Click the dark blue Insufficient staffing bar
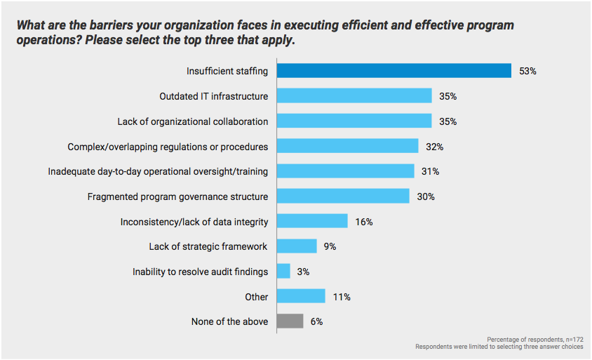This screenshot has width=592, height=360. coord(393,71)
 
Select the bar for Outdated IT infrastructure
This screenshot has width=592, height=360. coord(354,96)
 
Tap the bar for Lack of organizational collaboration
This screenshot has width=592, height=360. coord(354,121)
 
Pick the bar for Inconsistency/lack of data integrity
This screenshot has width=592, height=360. coord(312,221)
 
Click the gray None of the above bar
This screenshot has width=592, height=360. coord(290,321)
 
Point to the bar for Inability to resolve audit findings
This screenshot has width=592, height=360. coord(283,271)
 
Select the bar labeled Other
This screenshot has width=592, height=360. coord(301,296)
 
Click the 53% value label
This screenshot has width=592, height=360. coord(527,71)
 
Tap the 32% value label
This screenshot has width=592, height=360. coord(435,147)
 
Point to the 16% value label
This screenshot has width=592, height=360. coord(363,222)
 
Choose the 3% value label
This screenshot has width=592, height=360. coord(303,272)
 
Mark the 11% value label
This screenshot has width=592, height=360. coord(342,297)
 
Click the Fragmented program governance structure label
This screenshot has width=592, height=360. coord(177,196)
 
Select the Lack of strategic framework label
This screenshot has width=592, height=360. coord(208,246)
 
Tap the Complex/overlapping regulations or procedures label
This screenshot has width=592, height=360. coord(168,147)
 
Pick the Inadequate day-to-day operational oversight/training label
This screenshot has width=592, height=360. coord(158,171)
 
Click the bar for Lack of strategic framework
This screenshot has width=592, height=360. coord(297,246)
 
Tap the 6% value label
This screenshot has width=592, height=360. coord(317,321)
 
